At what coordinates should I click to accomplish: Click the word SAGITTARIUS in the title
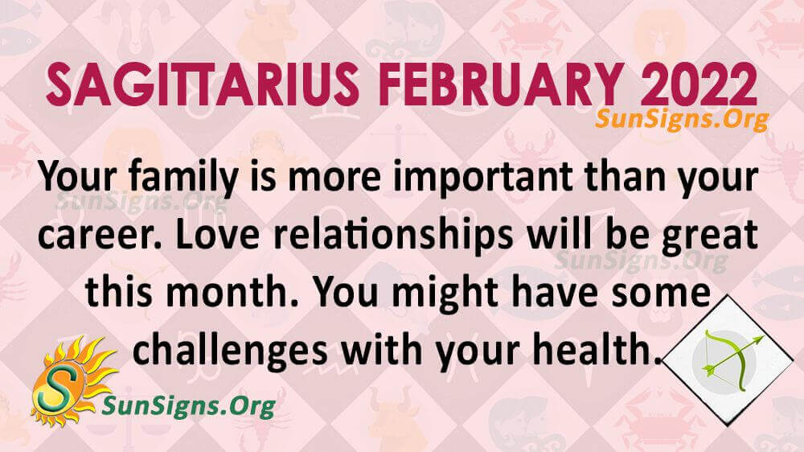coord(202,85)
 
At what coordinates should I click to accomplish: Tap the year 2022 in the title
coord(699,85)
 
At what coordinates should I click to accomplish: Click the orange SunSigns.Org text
coord(682,120)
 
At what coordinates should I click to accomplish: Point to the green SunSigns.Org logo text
coord(189,406)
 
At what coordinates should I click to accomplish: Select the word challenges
coord(230,351)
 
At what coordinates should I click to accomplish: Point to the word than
coord(624,176)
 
